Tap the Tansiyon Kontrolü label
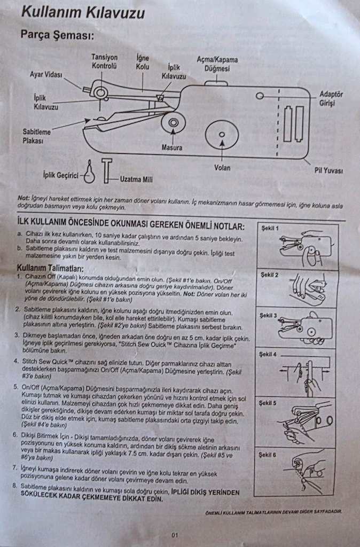click(x=104, y=61)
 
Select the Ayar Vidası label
click(x=46, y=74)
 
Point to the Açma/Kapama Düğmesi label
click(x=217, y=64)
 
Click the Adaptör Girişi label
click(x=331, y=98)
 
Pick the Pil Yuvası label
click(x=328, y=170)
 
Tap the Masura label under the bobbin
click(x=171, y=147)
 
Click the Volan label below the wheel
click(x=222, y=168)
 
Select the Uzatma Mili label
click(x=136, y=179)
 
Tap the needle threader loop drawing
click(x=89, y=172)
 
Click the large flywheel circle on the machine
click(x=222, y=135)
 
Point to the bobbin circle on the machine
click(x=174, y=122)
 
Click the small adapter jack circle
click(x=260, y=96)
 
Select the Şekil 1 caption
click(x=270, y=228)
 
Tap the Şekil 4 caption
click(x=268, y=355)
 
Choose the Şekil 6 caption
click(x=267, y=455)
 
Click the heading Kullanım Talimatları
click(x=50, y=268)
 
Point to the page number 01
click(x=175, y=535)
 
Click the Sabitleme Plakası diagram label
click(x=37, y=136)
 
